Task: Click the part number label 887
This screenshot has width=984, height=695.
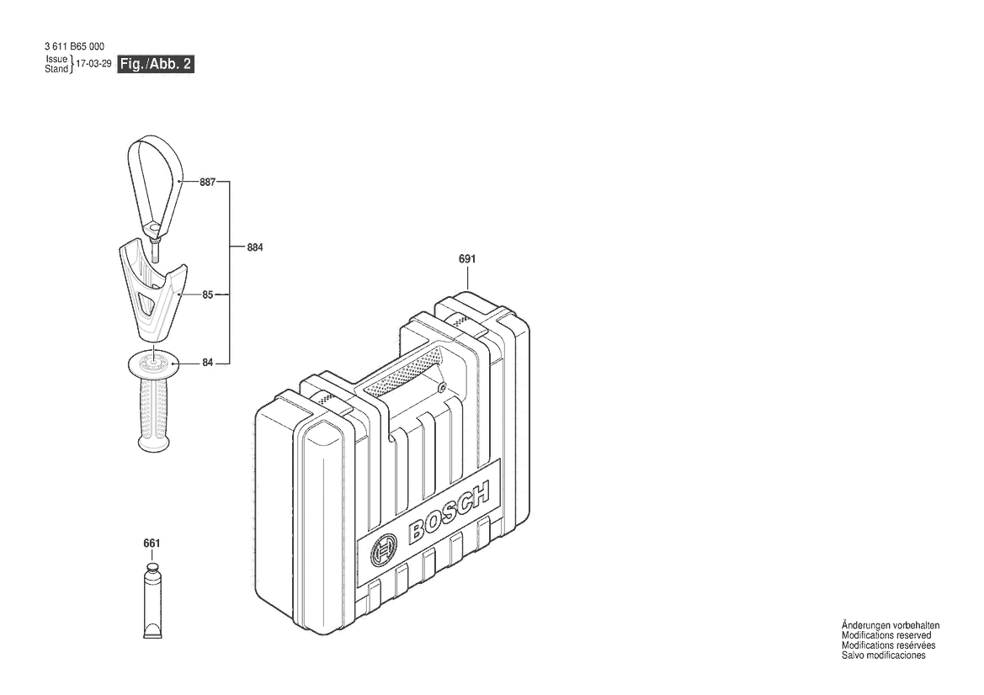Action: coord(208,182)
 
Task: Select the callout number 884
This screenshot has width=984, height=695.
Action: coord(255,247)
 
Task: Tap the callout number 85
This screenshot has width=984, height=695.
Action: coord(208,294)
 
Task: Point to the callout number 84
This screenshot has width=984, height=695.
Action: coord(208,363)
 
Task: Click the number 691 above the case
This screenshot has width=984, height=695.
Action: coord(467,258)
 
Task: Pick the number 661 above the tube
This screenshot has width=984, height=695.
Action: coord(152,544)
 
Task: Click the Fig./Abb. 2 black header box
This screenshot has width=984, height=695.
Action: coord(157,64)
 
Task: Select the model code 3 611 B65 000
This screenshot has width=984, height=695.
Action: coord(75,46)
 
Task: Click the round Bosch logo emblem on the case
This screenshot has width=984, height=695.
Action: coord(384,551)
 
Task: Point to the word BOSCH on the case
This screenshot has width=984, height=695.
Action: coord(449,512)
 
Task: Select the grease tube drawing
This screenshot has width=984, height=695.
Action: coord(152,601)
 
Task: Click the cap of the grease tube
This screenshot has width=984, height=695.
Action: coord(152,569)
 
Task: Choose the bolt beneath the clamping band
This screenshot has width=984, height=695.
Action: coord(155,249)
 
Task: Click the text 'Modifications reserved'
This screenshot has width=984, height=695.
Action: coord(886,635)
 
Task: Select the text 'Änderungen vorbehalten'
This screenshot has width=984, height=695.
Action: coord(891,625)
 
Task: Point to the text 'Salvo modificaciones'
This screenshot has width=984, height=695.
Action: coord(884,655)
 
